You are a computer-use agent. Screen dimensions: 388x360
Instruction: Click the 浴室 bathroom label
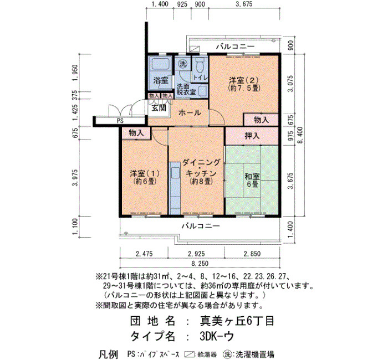pos(161,80)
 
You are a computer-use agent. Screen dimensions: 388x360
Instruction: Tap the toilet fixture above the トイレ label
pos(199,65)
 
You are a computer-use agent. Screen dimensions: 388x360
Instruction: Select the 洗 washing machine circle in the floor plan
pos(183,64)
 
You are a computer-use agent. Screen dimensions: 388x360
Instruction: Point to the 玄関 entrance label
pos(159,108)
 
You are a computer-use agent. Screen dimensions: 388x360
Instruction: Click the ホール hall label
pos(190,113)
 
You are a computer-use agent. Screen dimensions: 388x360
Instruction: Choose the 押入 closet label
pos(252,136)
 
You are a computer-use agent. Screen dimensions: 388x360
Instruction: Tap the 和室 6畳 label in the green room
pos(252,180)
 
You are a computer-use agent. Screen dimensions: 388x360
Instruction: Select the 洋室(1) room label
pos(145,177)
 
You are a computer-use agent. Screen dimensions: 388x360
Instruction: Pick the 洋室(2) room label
pos(244,84)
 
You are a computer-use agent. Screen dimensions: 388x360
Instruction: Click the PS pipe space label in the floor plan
pos(120,121)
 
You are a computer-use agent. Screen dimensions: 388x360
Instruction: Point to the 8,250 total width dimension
pos(200,264)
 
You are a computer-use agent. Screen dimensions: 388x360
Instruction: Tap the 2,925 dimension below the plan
pos(196,254)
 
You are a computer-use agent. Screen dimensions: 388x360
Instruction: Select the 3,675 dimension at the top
pos(244,4)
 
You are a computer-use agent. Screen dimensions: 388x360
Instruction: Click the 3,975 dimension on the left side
pos(75,178)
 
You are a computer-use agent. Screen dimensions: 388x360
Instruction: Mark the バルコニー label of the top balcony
pos(236,47)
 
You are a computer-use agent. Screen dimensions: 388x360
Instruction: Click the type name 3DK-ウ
pos(217,336)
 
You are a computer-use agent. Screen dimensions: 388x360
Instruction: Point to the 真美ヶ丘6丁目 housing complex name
pos(237,321)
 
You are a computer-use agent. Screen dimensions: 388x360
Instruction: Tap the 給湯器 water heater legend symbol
pos(190,354)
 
